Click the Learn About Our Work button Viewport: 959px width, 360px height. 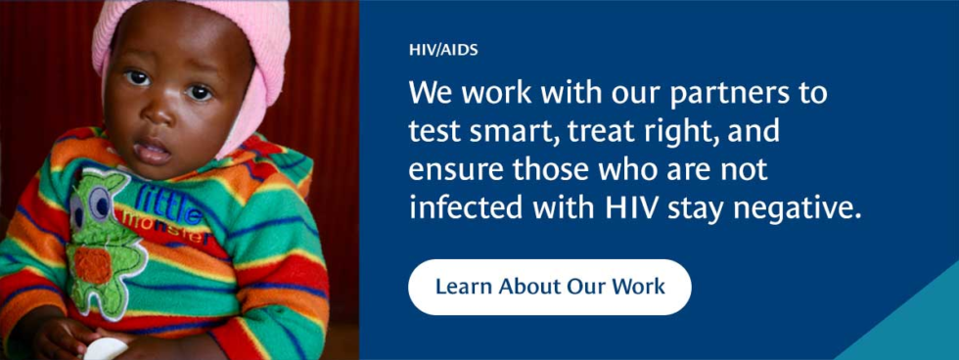(x=549, y=287)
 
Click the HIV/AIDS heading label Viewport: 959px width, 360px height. (x=443, y=51)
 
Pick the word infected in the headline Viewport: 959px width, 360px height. (x=461, y=207)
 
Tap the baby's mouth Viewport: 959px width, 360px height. (x=153, y=151)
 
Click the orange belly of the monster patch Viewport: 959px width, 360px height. (x=94, y=265)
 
